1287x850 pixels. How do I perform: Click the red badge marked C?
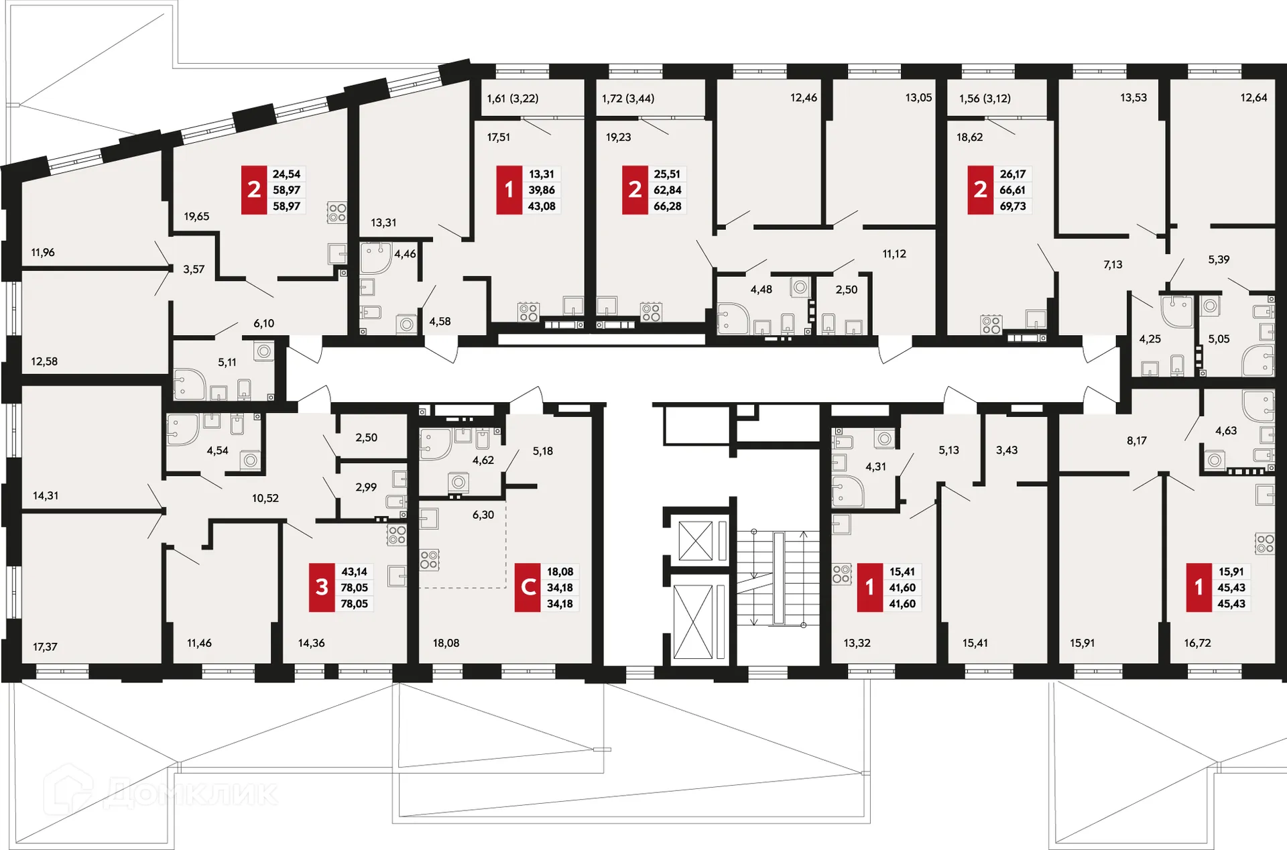pyautogui.click(x=528, y=587)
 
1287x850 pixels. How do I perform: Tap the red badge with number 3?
pyautogui.click(x=322, y=587)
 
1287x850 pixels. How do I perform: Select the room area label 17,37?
pyautogui.click(x=45, y=647)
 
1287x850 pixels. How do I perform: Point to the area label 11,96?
pyautogui.click(x=43, y=253)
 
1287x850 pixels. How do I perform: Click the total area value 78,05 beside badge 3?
pyautogui.click(x=354, y=588)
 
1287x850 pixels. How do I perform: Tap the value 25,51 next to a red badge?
pyautogui.click(x=667, y=174)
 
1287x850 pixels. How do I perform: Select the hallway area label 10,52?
pyautogui.click(x=265, y=498)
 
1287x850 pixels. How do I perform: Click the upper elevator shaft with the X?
pyautogui.click(x=695, y=540)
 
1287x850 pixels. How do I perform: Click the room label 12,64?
pyautogui.click(x=1253, y=98)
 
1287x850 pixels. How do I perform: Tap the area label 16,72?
pyautogui.click(x=1197, y=643)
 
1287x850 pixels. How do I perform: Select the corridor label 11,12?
pyautogui.click(x=894, y=254)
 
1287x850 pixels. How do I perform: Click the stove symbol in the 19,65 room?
pyautogui.click(x=337, y=213)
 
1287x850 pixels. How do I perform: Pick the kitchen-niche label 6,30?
pyautogui.click(x=483, y=515)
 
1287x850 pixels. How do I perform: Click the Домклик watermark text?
pyautogui.click(x=191, y=794)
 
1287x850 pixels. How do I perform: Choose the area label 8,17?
pyautogui.click(x=1137, y=441)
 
